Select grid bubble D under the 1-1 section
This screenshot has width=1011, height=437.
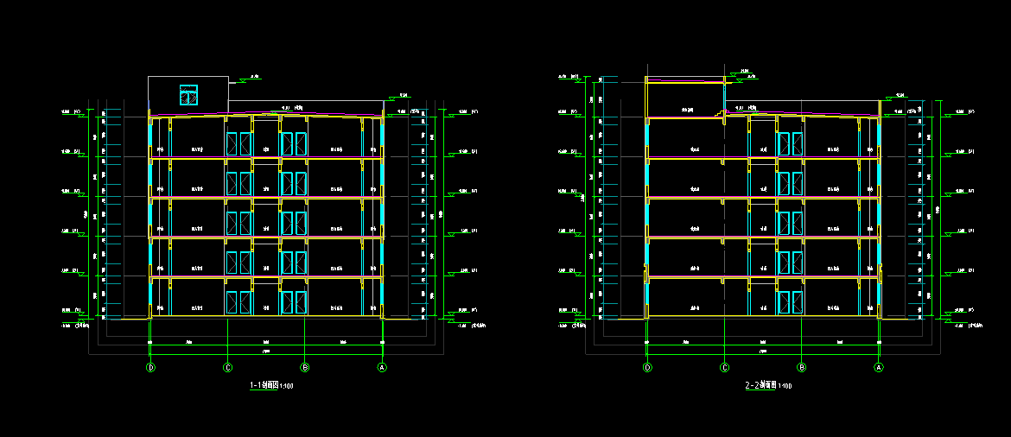click(x=150, y=367)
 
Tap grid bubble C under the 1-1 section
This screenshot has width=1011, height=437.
click(x=228, y=367)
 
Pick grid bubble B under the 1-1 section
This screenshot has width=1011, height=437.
click(x=305, y=367)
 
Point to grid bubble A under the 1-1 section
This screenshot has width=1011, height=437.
click(x=382, y=367)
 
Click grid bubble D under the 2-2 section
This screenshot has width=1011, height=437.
click(x=647, y=367)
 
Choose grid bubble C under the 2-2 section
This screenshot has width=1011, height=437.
click(x=724, y=367)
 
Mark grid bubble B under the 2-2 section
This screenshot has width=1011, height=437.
click(x=802, y=367)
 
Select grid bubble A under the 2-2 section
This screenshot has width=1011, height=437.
click(x=879, y=367)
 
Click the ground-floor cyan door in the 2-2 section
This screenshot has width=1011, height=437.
click(x=791, y=302)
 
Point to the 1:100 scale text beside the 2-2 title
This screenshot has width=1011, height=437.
click(x=785, y=386)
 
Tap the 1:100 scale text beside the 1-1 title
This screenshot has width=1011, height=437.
click(x=287, y=386)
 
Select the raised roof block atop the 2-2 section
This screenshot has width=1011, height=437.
click(x=685, y=97)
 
